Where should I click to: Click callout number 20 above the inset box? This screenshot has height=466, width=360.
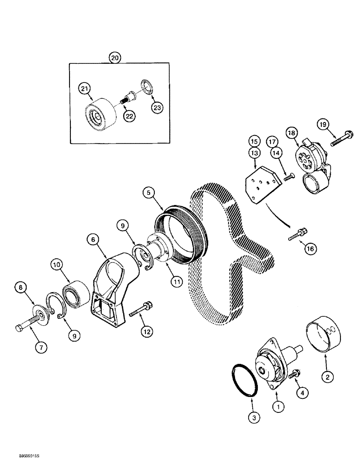click(115, 57)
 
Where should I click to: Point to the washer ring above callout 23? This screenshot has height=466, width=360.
click(147, 87)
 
